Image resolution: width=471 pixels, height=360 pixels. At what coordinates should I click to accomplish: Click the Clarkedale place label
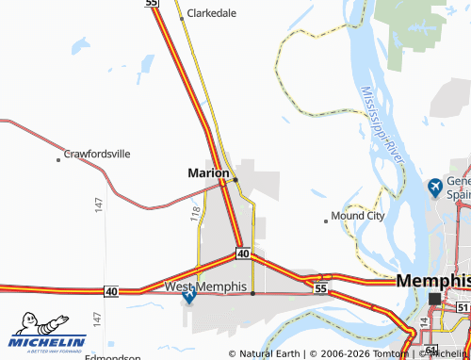[x=212, y=14]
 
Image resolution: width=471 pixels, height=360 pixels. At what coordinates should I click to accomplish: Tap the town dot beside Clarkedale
[x=182, y=18]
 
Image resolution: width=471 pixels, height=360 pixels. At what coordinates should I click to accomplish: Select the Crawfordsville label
[x=97, y=153]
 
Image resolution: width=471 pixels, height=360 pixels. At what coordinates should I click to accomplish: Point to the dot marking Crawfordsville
[x=58, y=160]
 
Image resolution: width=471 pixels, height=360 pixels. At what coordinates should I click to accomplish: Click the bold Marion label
[x=207, y=173]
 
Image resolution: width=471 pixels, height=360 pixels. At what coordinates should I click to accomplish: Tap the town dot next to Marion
[x=235, y=179]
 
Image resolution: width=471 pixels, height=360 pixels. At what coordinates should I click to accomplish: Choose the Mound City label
[x=358, y=216]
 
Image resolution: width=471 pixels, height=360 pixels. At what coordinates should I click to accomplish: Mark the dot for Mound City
[x=326, y=221]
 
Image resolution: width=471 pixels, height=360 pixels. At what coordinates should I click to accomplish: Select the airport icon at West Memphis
[x=190, y=297]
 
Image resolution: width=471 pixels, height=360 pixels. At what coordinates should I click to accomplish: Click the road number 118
[x=194, y=215]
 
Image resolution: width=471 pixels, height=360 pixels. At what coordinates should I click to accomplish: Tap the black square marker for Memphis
[x=434, y=299]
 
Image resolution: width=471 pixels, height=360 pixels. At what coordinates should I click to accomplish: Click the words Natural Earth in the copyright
[x=270, y=353]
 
